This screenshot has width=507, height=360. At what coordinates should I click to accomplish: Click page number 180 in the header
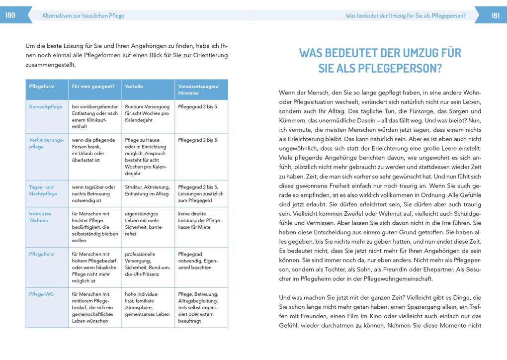10,15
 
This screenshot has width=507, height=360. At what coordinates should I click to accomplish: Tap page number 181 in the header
495,15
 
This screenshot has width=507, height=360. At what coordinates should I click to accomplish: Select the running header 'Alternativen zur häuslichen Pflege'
83,16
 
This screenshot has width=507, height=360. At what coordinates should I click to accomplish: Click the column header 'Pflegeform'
42,86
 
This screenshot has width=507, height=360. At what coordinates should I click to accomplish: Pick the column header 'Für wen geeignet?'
93,86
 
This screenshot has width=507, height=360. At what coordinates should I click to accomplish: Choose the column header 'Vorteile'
134,86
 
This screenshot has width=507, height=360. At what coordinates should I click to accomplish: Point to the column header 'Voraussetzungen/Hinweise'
198,90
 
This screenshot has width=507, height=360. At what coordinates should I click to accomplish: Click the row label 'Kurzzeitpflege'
46,106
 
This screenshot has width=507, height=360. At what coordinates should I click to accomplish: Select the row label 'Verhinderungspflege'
46,143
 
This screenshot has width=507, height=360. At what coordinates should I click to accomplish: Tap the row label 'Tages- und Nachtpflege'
43,190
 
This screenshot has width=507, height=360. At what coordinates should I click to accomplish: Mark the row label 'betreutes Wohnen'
40,217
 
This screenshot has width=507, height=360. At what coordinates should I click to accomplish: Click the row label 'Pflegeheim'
42,254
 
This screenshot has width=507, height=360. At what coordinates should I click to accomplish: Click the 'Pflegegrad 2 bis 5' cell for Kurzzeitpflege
197,106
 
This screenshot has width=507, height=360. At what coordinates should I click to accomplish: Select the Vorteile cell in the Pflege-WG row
147,304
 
